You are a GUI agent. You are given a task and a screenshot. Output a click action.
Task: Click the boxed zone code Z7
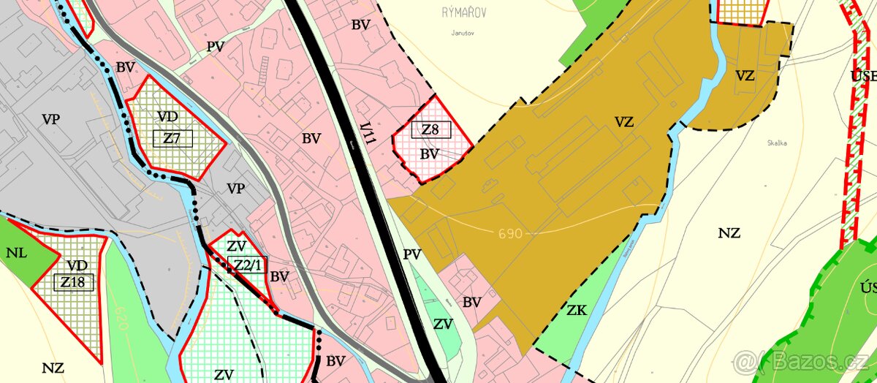pyautogui.click(x=172, y=137)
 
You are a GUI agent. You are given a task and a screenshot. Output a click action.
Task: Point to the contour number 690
pyautogui.click(x=512, y=234)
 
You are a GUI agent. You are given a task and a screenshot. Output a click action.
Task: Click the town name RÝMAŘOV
pyautogui.click(x=464, y=12)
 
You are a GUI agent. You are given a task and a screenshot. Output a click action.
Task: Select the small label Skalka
pyautogui.click(x=777, y=143)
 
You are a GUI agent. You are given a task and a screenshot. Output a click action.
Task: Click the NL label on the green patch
pyautogui.click(x=16, y=254)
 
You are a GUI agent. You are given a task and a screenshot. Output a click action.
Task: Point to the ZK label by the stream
pyautogui.click(x=577, y=310)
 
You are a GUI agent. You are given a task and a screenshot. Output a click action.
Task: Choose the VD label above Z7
pyautogui.click(x=167, y=116)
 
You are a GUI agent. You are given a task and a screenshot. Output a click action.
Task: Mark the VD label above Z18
pyautogui.click(x=77, y=264)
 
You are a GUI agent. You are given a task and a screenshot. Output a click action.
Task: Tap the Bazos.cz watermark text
pyautogui.click(x=811, y=361)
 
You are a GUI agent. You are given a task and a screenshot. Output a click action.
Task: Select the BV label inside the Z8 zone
pyautogui.click(x=429, y=154)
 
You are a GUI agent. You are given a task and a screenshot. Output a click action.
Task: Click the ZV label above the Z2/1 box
pyautogui.click(x=237, y=246)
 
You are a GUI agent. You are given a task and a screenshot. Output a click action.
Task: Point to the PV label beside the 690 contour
pyautogui.click(x=412, y=255)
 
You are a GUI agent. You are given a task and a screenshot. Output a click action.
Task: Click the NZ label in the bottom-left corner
pyautogui.click(x=53, y=367)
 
